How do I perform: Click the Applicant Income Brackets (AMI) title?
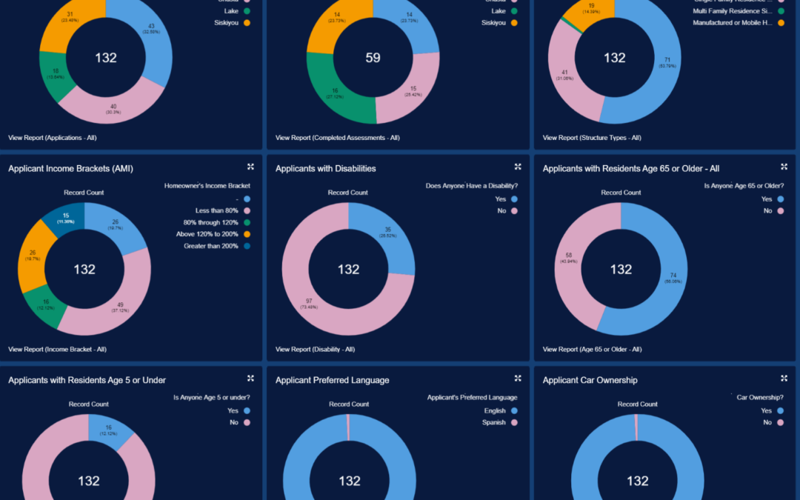[x=70, y=169]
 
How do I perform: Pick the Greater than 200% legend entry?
[x=212, y=246]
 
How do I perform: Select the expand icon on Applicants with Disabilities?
[x=518, y=167]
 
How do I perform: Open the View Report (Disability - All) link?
[x=315, y=349]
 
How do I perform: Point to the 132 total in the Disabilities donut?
[x=349, y=270]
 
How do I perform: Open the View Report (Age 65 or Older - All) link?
[x=592, y=349]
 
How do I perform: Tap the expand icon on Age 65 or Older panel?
[x=784, y=167]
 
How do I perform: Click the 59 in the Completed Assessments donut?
[x=373, y=58]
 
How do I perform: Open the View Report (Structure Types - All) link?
[x=592, y=138]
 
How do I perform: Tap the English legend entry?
[x=495, y=410]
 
